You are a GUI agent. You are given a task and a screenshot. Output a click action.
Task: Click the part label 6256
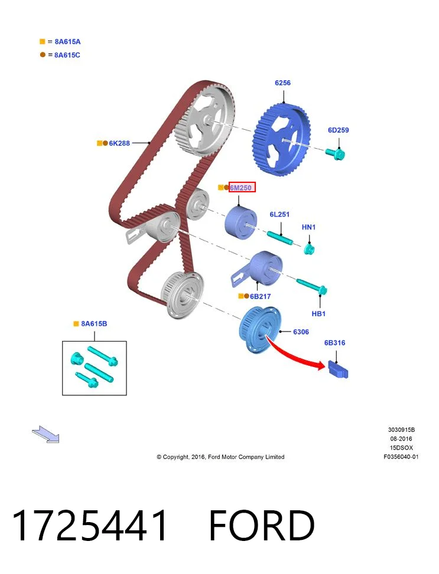(282, 83)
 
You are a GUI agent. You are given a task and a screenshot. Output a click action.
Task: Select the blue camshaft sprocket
(282, 139)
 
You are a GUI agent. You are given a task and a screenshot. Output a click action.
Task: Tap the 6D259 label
(338, 130)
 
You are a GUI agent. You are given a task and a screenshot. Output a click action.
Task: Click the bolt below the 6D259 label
(335, 154)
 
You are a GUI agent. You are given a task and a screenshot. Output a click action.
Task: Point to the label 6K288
(119, 143)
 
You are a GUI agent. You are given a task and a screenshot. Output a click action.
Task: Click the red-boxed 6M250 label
(241, 188)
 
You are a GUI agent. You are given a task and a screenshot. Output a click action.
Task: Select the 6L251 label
(279, 214)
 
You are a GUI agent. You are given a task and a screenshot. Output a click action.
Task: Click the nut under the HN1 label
(309, 250)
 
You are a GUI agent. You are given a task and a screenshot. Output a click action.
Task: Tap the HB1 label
(318, 314)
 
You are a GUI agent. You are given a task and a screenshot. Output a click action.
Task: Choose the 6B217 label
(260, 296)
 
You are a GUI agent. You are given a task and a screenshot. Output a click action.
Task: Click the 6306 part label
(301, 332)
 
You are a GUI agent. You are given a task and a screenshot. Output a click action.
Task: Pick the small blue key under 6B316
(338, 369)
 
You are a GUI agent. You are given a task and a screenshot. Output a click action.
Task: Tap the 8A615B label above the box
(94, 324)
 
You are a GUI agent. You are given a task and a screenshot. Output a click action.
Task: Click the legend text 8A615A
(67, 42)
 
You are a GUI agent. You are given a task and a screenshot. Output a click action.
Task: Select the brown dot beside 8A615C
(43, 54)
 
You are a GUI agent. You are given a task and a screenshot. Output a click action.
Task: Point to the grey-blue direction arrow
(46, 435)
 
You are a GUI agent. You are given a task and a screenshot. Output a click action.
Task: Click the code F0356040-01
(401, 457)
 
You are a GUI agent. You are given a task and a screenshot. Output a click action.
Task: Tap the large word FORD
(262, 525)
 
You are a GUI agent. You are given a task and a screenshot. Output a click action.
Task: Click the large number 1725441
(89, 525)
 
